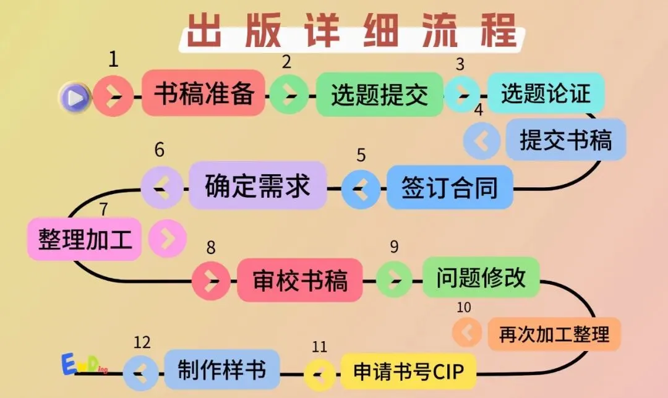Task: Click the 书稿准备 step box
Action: [203, 93]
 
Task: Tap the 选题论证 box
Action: [546, 93]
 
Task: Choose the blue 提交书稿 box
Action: [565, 140]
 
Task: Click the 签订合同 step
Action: [450, 187]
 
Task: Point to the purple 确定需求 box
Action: [257, 185]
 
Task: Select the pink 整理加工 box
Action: [85, 239]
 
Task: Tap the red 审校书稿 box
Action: [300, 280]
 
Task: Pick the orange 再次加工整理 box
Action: [554, 334]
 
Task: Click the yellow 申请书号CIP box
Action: [408, 371]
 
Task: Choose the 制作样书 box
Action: [222, 370]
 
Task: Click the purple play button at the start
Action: [75, 97]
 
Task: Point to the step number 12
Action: [142, 342]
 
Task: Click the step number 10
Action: [463, 307]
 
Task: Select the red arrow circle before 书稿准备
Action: [113, 96]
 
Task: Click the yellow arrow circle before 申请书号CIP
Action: [319, 373]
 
